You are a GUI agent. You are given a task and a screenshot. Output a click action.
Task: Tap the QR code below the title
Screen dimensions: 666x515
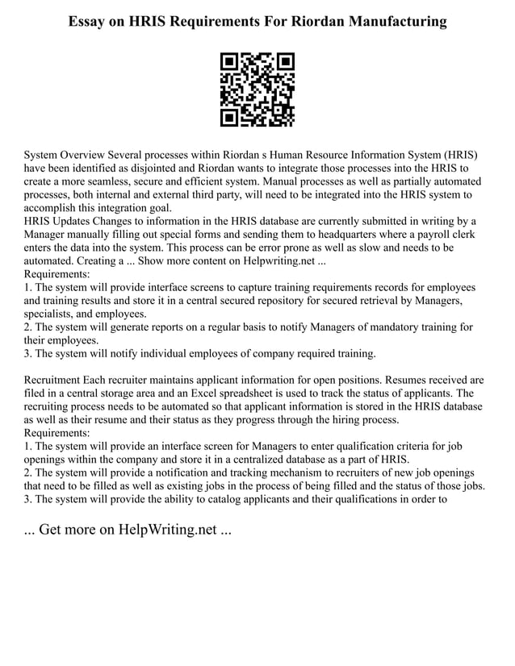[257, 89]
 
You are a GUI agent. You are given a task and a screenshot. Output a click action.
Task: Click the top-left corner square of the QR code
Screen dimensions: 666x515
[230, 62]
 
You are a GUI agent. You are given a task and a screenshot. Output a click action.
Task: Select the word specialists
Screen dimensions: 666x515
[51, 314]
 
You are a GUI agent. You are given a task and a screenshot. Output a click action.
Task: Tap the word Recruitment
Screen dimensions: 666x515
[56, 380]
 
